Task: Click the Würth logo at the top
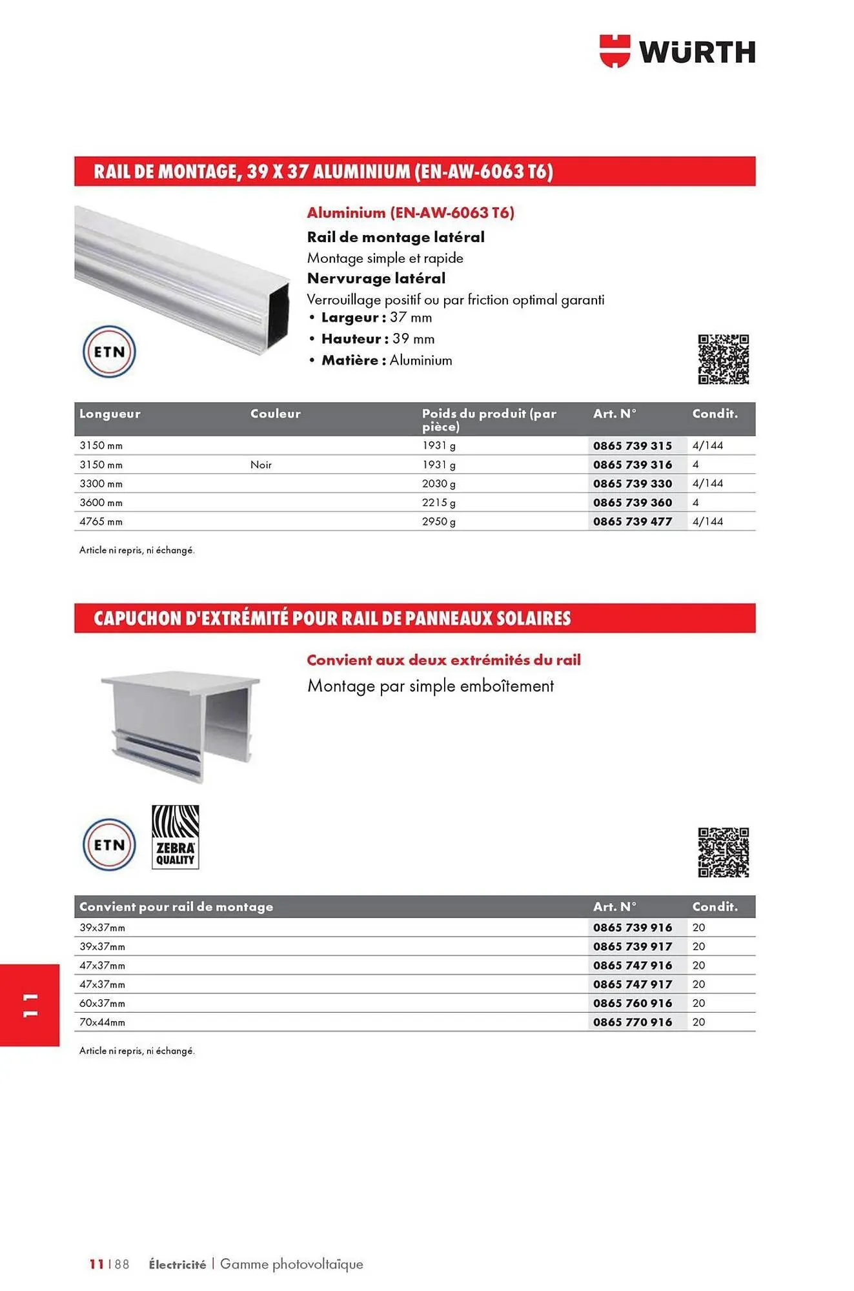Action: [677, 51]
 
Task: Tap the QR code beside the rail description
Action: [723, 359]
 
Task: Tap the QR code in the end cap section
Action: [723, 852]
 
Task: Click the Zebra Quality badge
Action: [175, 837]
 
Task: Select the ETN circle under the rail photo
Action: [109, 352]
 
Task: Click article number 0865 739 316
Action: [632, 465]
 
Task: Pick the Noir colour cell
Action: [261, 465]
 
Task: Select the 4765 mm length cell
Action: [101, 522]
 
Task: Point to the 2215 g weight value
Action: [438, 503]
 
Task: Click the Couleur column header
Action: [275, 414]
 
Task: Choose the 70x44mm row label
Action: [102, 1022]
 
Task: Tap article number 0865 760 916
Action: [632, 1003]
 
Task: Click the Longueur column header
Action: [110, 414]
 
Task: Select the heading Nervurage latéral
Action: [376, 278]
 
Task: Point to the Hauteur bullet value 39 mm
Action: [413, 339]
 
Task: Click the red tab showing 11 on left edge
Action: [30, 1004]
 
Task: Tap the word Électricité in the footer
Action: [177, 1265]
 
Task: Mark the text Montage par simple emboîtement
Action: [430, 686]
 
